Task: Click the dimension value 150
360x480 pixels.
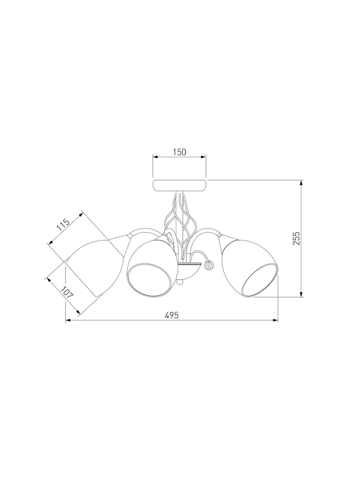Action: [179, 152]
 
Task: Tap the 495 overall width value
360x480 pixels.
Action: [172, 316]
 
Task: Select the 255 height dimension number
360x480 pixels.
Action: [296, 238]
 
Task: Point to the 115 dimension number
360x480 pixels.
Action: [64, 225]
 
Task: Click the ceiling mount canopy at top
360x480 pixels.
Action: [179, 185]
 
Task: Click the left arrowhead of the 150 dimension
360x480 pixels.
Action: [155, 157]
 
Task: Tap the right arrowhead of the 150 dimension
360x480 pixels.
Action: [203, 157]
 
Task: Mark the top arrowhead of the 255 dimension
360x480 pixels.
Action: [301, 183]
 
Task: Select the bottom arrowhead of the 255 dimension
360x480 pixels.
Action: [301, 294]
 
